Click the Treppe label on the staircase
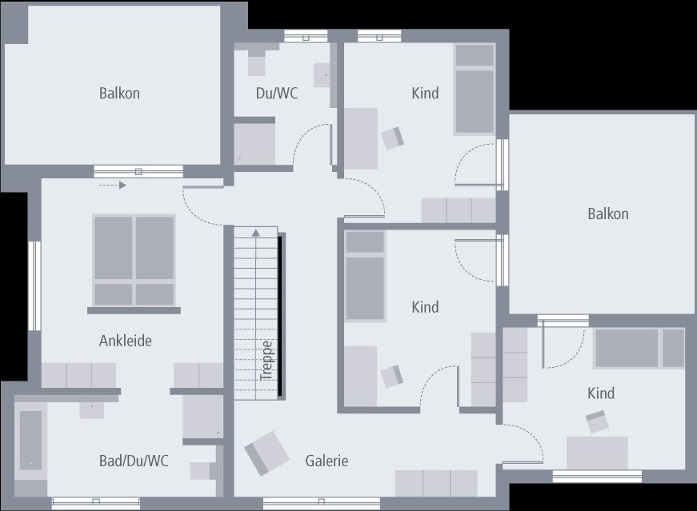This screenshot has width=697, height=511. [267, 361]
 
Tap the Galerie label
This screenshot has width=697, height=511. [326, 461]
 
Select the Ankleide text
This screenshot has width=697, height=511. [125, 341]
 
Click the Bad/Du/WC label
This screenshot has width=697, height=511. [134, 461]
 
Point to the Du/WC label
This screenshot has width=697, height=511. [277, 93]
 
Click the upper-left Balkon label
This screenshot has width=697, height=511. [119, 93]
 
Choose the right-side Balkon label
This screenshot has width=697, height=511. [607, 214]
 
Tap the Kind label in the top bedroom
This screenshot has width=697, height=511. [425, 93]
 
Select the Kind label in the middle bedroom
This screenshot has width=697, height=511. [425, 306]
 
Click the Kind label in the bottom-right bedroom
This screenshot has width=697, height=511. [600, 393]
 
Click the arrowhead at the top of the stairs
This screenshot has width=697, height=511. [256, 233]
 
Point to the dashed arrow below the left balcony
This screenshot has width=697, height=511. [112, 186]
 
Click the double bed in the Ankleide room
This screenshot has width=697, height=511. [134, 260]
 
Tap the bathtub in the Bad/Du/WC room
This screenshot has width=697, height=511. [30, 440]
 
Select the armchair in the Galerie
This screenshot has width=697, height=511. [266, 453]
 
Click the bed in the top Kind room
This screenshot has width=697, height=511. [475, 89]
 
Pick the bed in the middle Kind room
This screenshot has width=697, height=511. [364, 276]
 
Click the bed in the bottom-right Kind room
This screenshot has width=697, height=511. [639, 348]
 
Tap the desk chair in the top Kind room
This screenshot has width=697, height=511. [392, 138]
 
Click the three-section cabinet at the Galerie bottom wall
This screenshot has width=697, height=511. [436, 483]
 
